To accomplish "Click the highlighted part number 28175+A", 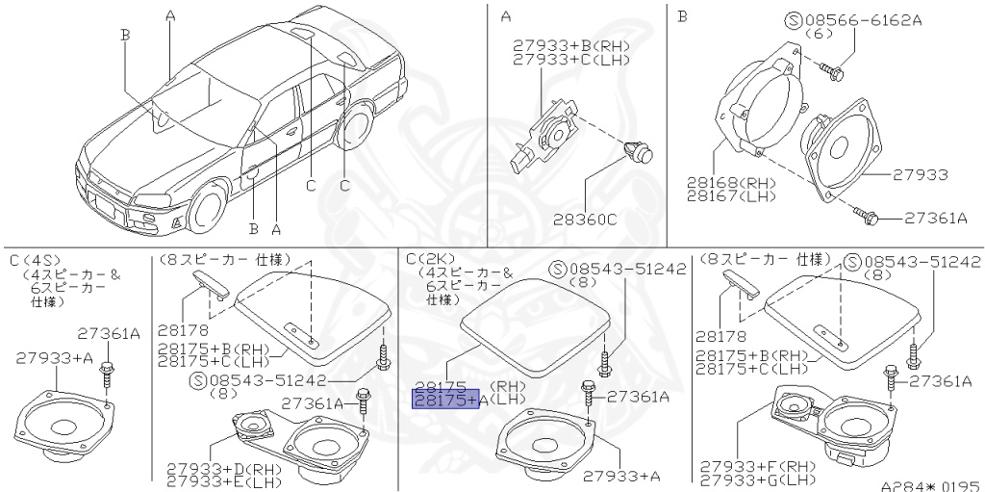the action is (445, 399).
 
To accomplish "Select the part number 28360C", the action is (585, 220).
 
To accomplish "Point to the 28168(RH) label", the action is (731, 184).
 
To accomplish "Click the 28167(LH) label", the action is (731, 196).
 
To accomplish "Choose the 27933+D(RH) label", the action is (215, 469).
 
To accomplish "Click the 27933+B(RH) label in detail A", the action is (571, 46).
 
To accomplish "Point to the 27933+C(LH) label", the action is (571, 60).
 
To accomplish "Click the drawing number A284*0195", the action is (930, 485).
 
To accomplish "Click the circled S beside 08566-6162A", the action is (794, 20).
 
